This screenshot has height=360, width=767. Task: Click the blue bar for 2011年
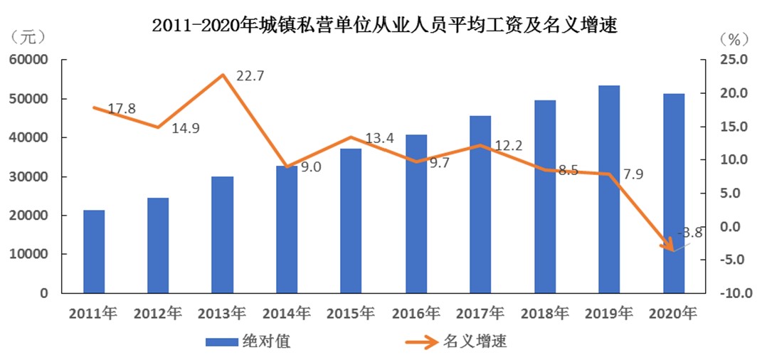(94, 251)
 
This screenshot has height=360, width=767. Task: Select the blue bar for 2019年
(609, 189)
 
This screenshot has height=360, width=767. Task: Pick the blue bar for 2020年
(674, 193)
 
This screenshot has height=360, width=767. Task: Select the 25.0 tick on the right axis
(732, 60)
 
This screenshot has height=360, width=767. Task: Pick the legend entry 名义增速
(475, 342)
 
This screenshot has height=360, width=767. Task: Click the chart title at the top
(384, 26)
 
